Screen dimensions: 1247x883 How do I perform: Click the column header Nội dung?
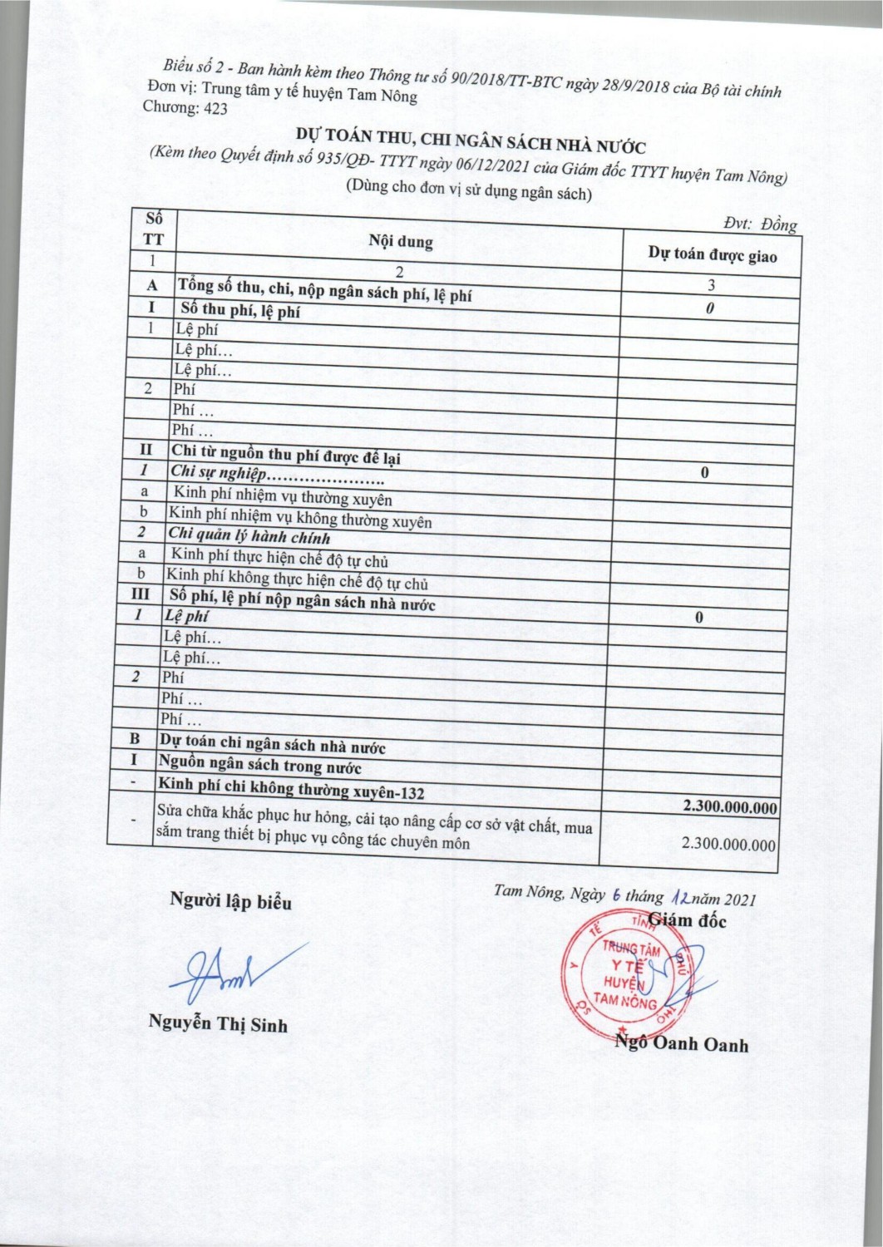pos(401,241)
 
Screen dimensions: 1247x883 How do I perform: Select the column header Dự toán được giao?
pos(713,254)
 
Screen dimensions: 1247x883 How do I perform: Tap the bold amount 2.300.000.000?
pos(729,807)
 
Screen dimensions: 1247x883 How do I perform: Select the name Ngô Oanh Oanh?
pos(682,1043)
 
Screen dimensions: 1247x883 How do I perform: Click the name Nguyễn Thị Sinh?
pos(218,1023)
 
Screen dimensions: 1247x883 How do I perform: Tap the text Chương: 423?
pos(185,107)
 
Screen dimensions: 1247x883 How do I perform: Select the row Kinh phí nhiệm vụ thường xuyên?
pos(283,498)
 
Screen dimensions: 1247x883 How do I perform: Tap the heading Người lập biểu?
pos(230,901)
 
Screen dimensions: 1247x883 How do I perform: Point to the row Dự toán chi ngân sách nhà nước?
pos(273,744)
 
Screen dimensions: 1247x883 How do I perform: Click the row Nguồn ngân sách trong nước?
pos(259,764)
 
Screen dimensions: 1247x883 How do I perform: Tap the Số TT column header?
pos(155,229)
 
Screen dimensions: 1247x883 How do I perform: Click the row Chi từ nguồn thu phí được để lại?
pos(286,455)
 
